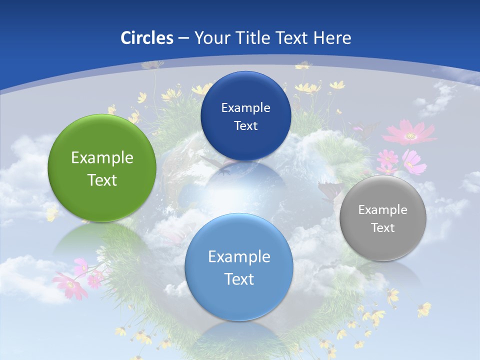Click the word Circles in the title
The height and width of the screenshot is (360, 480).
(x=146, y=38)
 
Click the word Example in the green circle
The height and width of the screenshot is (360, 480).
(x=102, y=158)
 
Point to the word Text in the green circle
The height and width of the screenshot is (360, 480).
(x=102, y=180)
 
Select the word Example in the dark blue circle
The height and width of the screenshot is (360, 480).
(x=245, y=108)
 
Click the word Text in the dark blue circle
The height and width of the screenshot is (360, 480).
(x=245, y=126)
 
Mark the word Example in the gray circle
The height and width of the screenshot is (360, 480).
(x=383, y=210)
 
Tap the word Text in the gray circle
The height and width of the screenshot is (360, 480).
(x=383, y=228)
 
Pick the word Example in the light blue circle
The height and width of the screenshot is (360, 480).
(x=239, y=257)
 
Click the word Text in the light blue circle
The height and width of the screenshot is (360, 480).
(x=239, y=279)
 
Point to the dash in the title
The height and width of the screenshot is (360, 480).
(x=183, y=38)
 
